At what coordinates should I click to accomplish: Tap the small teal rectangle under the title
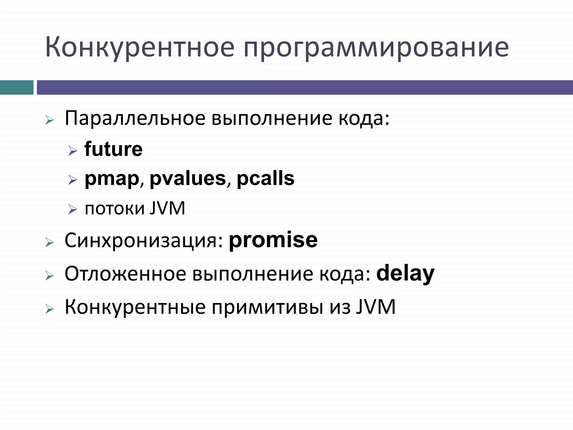pos(17,87)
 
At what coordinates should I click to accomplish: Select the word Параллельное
pos(135,118)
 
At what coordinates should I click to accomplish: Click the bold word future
pos(113,149)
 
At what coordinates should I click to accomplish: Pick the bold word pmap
pos(112,179)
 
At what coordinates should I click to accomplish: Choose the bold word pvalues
pos(188,178)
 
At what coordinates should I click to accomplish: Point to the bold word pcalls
pos(266,178)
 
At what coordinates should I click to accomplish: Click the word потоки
pos(115,209)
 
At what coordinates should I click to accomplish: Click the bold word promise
pos(273,240)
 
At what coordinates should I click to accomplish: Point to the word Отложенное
pos(125,274)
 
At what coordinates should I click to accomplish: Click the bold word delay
pos(405,274)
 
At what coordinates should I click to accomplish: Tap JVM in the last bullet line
pos(376,307)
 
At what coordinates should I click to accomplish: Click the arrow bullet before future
pos(72,151)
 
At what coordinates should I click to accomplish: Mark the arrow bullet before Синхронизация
pos(50,242)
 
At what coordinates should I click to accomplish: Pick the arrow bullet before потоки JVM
pos(72,209)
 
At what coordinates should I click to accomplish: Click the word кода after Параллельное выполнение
pos(363,118)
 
